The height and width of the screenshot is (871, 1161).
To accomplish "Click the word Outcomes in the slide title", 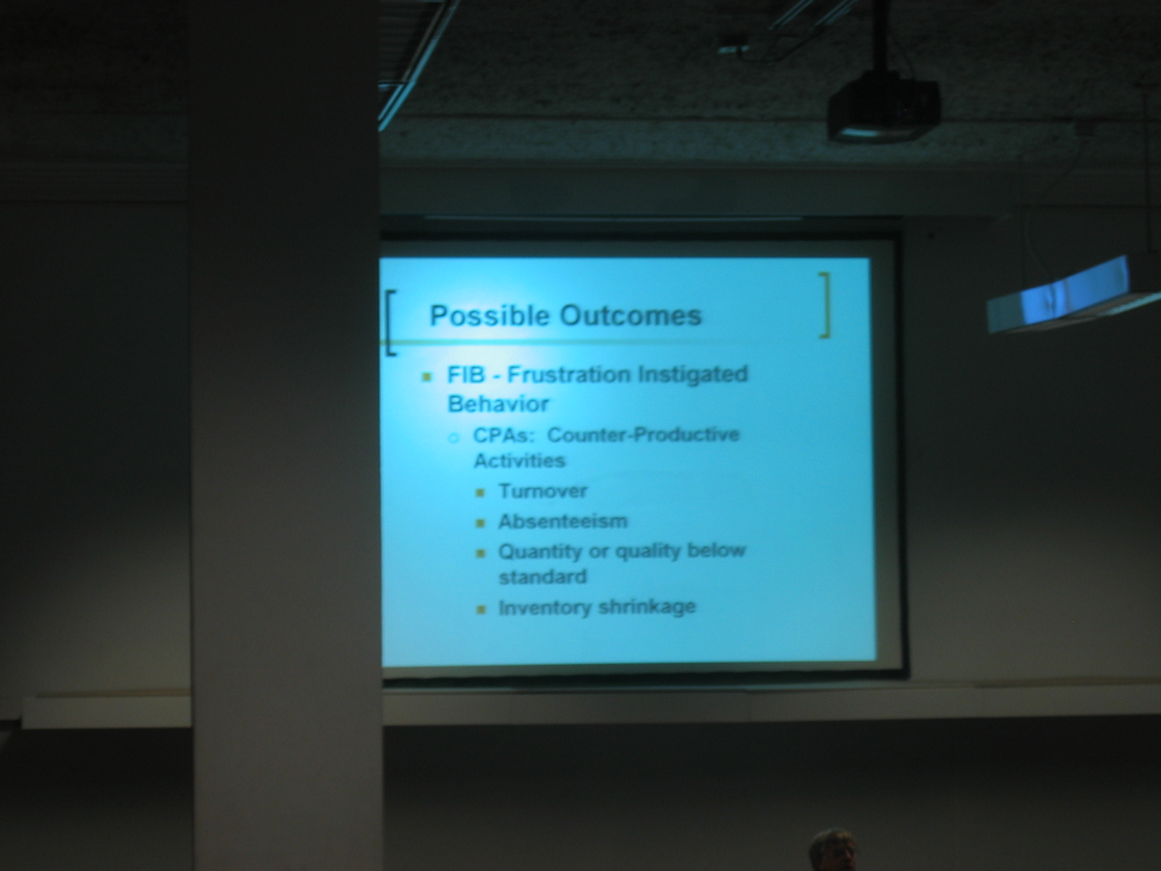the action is [x=631, y=315].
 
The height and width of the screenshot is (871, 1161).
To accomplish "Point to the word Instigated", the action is [x=692, y=375].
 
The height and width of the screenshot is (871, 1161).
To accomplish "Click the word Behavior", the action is [x=490, y=404].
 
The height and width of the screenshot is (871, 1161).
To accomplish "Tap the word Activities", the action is [x=519, y=461].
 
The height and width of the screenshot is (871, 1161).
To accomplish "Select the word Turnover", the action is [x=543, y=491].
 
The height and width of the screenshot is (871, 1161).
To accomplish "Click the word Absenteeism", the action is [x=563, y=521].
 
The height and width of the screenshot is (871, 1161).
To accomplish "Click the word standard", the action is [x=542, y=577].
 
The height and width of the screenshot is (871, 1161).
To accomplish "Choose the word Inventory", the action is [x=545, y=608].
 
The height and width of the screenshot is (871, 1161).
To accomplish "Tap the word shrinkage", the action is [x=646, y=607].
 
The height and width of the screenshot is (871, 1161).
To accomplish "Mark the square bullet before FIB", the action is [x=427, y=376].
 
